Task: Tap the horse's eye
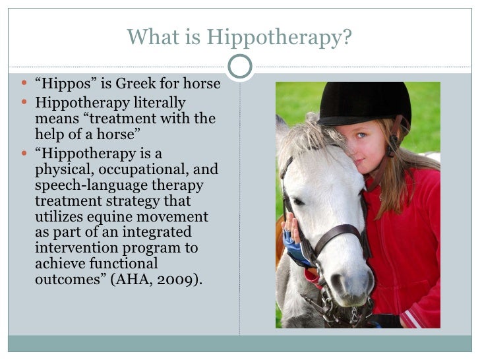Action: click(298, 201)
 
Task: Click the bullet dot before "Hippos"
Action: click(25, 86)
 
